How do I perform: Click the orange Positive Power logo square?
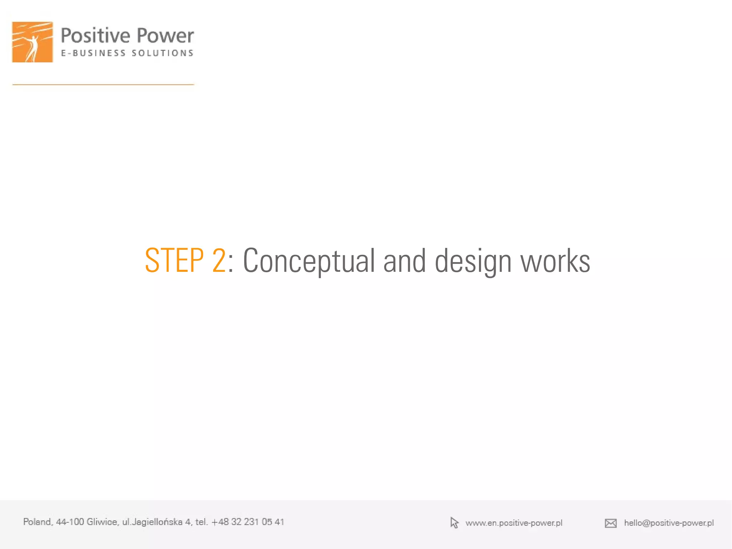[x=33, y=42]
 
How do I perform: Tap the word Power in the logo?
[x=165, y=36]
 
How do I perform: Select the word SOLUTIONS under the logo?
[x=163, y=53]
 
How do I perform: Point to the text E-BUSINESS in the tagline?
[x=93, y=53]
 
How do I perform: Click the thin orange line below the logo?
[x=103, y=84]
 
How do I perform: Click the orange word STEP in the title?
[x=174, y=261]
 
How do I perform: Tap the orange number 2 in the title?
[x=219, y=261]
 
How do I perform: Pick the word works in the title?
[x=555, y=261]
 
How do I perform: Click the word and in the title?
[x=404, y=261]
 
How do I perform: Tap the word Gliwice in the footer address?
[x=102, y=522]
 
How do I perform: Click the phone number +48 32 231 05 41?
[x=248, y=522]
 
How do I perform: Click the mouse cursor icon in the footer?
[x=454, y=523]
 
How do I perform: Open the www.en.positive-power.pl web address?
[x=514, y=523]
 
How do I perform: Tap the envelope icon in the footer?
[x=610, y=523]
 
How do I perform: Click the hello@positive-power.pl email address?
[x=669, y=523]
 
